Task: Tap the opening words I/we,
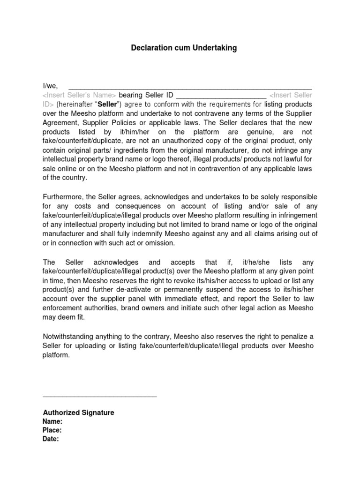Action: tap(50, 85)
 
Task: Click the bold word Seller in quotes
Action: tap(106, 104)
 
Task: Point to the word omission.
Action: tap(160, 243)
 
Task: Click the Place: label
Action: tap(52, 430)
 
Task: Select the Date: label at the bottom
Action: tap(51, 439)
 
